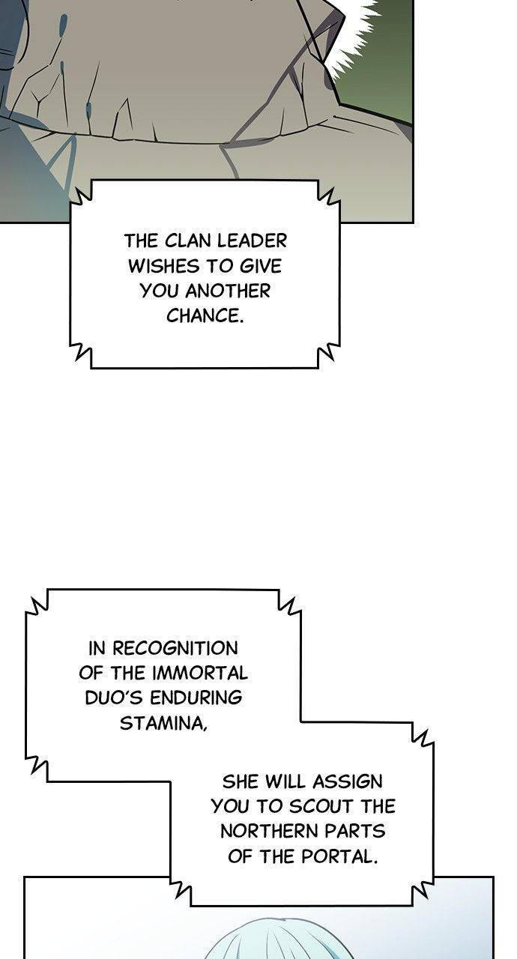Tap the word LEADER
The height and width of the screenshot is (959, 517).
(252, 241)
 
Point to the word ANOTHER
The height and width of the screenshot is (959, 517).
(228, 291)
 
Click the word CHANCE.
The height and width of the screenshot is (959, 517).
(205, 316)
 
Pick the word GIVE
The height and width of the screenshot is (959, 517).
(260, 266)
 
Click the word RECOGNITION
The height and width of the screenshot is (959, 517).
(175, 648)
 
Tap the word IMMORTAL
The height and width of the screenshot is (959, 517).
(200, 673)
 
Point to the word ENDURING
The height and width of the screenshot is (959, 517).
(196, 698)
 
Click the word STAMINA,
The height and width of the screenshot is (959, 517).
(163, 724)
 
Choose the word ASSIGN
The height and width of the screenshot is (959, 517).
(347, 781)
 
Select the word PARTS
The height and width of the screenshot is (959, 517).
(355, 832)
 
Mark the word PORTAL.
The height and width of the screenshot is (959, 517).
(339, 856)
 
